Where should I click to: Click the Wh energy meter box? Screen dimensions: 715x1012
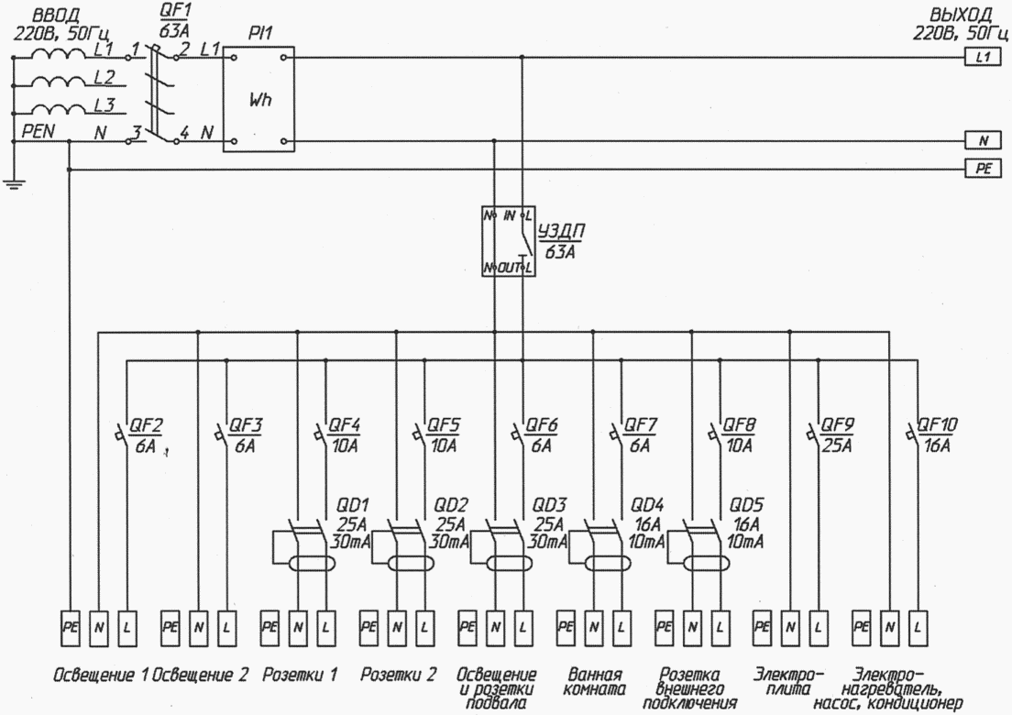[259, 99]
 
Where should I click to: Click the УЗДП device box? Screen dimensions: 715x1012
[508, 241]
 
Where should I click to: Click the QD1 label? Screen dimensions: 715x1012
[352, 505]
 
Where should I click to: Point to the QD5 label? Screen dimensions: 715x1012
[747, 505]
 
